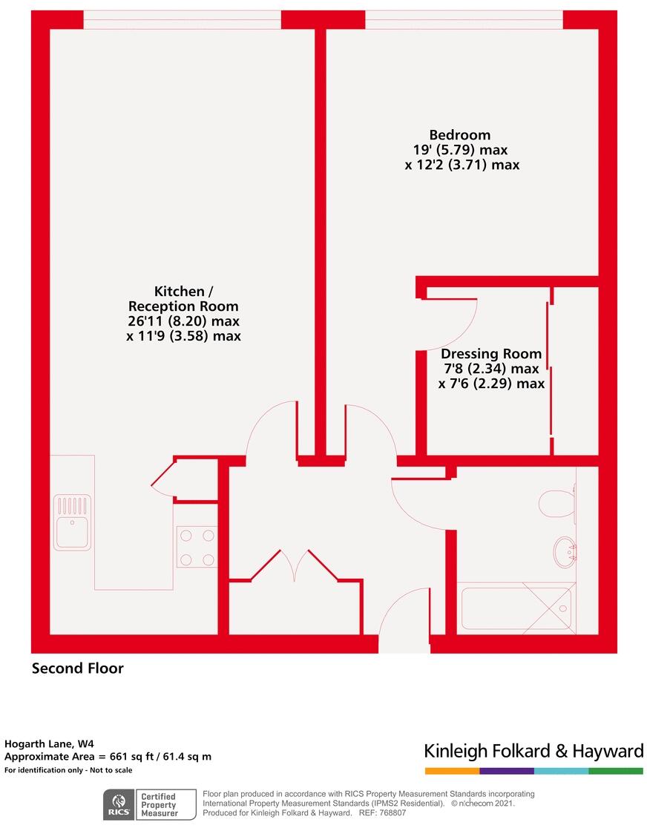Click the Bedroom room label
[460, 135]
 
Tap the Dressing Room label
[491, 354]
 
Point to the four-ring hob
[197, 547]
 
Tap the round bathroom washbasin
[565, 551]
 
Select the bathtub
[517, 608]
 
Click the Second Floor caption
[78, 669]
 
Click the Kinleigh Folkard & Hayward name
[533, 751]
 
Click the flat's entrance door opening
[404, 643]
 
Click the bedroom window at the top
[464, 20]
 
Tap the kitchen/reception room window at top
[182, 20]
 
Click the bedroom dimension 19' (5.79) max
[460, 150]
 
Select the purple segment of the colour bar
[507, 771]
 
